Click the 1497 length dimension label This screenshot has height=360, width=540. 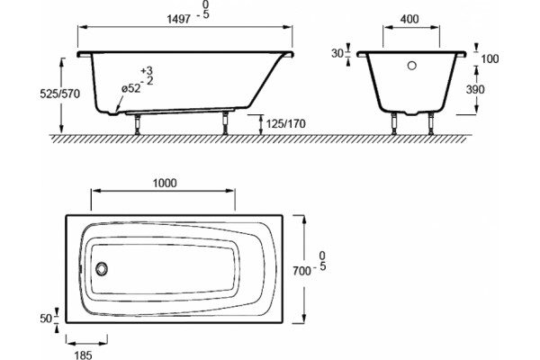pos(179,19)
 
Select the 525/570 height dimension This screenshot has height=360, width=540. pos(60,94)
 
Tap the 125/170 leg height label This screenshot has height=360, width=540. pos(286,123)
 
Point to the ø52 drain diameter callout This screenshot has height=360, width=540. pos(131,88)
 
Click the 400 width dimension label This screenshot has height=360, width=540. pos(409,19)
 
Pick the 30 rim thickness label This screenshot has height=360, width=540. pos(337,53)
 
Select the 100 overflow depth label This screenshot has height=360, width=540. pos(490,58)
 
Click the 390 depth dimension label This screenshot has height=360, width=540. pos(475,90)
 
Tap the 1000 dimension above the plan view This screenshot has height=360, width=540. pos(165,183)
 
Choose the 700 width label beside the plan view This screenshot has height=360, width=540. pos(301,271)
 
